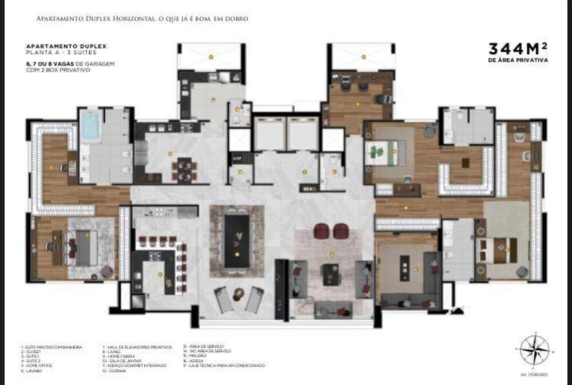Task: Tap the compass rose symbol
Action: point(535,350)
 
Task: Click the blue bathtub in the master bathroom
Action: point(90,126)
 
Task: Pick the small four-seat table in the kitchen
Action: point(185,170)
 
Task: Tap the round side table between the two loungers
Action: point(239,294)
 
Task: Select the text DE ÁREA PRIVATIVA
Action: point(518,59)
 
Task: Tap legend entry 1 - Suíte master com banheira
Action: point(51,347)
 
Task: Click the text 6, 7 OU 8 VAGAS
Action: point(45,63)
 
